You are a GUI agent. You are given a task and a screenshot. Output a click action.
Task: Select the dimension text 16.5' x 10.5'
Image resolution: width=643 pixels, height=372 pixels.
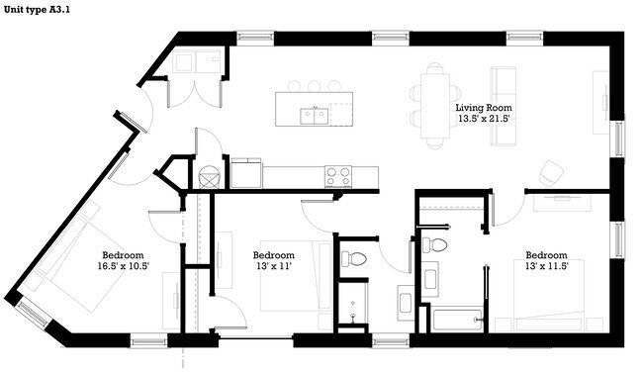coord(123,265)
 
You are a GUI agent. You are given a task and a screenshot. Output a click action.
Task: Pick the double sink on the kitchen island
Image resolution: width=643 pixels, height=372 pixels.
coord(316,116)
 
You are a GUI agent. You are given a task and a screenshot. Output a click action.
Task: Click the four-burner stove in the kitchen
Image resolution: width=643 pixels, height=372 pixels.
coord(338,176)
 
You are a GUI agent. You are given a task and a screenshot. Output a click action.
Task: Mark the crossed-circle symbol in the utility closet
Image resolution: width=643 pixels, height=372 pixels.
coord(208,178)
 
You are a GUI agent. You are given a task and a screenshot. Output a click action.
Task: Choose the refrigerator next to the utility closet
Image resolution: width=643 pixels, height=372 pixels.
coord(245,174)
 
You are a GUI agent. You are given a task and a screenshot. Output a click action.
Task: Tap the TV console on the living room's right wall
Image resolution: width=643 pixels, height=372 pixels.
coord(600,103)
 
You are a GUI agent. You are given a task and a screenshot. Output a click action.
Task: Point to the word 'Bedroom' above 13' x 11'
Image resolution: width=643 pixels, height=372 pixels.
coord(274,254)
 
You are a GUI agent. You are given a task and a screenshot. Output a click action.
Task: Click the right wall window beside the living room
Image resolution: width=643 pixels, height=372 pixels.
coord(619,139)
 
